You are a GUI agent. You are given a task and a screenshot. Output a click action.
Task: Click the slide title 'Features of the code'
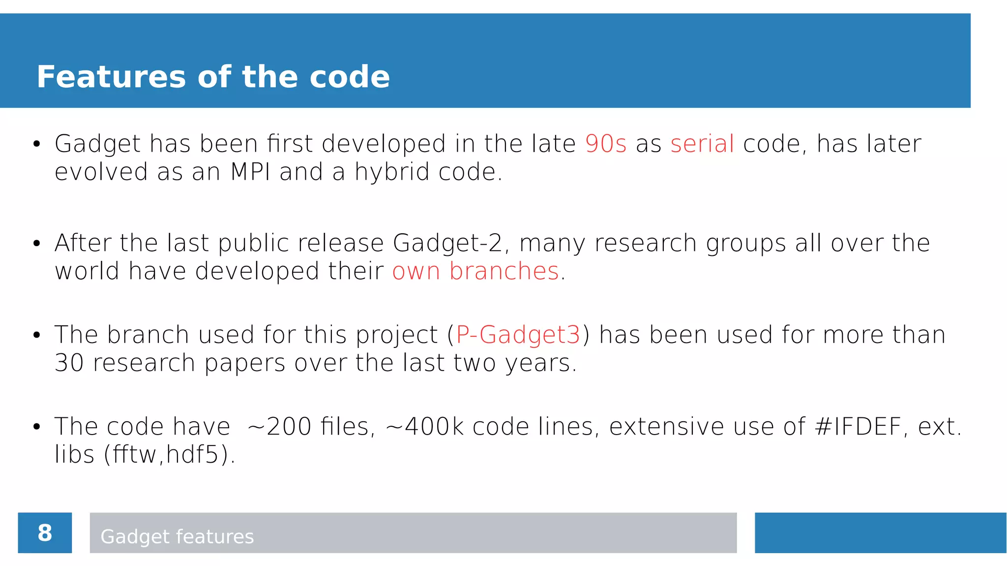pos(213,77)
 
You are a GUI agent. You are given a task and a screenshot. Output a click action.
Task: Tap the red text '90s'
pos(605,144)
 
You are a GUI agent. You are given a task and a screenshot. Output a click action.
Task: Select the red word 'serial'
pos(702,144)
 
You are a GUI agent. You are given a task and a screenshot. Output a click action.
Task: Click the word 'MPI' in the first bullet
pos(250,172)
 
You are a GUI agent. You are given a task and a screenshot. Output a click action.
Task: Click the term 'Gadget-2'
pos(448,243)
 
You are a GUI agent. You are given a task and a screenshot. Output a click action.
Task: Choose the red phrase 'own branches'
pos(475,271)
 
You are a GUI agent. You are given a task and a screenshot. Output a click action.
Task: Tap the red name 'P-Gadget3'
pos(518,335)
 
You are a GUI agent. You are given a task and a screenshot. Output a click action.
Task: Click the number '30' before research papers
pos(69,363)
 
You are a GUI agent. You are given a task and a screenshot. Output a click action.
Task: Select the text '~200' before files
pos(279,426)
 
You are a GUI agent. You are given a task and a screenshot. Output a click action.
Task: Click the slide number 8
pos(45,533)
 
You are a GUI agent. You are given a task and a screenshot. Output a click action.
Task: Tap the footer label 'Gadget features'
pos(177,536)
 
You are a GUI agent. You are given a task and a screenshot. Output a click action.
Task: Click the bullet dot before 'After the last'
pos(36,244)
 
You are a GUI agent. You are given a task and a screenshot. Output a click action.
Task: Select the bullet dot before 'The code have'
pos(36,427)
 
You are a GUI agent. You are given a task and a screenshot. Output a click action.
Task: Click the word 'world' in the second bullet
pos(87,271)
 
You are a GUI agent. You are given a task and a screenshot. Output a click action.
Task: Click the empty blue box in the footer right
pos(880,533)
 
